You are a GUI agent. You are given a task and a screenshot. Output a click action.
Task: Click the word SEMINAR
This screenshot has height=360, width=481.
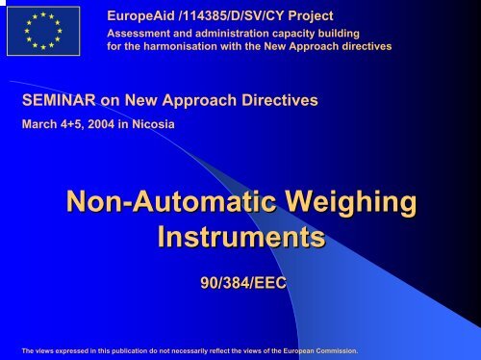click(x=57, y=100)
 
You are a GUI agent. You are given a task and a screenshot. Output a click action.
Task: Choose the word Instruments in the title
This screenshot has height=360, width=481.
click(x=240, y=239)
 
